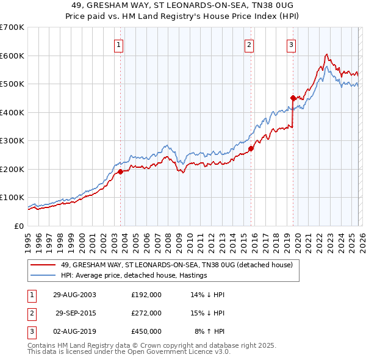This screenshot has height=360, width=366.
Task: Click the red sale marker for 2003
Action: tap(120, 171)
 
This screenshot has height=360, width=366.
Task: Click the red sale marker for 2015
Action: tap(251, 148)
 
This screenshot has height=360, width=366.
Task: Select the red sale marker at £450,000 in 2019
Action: tap(293, 98)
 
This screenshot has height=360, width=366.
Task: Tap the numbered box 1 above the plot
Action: tap(118, 44)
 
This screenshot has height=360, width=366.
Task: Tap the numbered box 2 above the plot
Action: tap(249, 44)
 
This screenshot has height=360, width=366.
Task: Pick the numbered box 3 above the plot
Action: tap(291, 44)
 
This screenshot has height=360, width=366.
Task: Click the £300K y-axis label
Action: tap(12, 140)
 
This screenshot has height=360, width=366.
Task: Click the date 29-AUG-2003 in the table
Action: tap(74, 294)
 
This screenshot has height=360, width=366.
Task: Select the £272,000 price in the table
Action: tap(146, 313)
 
